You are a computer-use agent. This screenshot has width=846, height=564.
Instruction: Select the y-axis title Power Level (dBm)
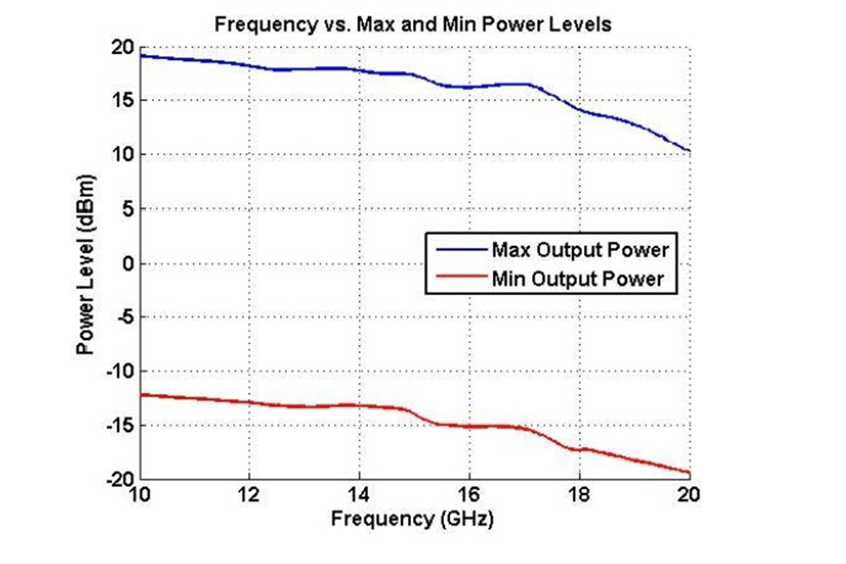[85, 263]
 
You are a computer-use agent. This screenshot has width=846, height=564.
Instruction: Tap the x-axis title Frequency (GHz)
[412, 517]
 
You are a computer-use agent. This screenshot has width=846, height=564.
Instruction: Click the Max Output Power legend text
[580, 250]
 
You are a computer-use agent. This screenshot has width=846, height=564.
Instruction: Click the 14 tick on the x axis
[359, 494]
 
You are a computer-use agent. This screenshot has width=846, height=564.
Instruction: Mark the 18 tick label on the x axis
[580, 494]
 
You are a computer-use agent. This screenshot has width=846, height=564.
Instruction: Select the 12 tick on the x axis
[248, 494]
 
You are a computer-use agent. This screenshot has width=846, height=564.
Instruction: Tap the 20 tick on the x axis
[689, 494]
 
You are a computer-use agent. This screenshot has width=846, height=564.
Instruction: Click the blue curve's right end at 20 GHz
[689, 151]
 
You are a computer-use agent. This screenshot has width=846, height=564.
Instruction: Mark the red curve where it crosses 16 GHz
[470, 426]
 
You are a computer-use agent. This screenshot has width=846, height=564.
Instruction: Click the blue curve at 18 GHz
[580, 111]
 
